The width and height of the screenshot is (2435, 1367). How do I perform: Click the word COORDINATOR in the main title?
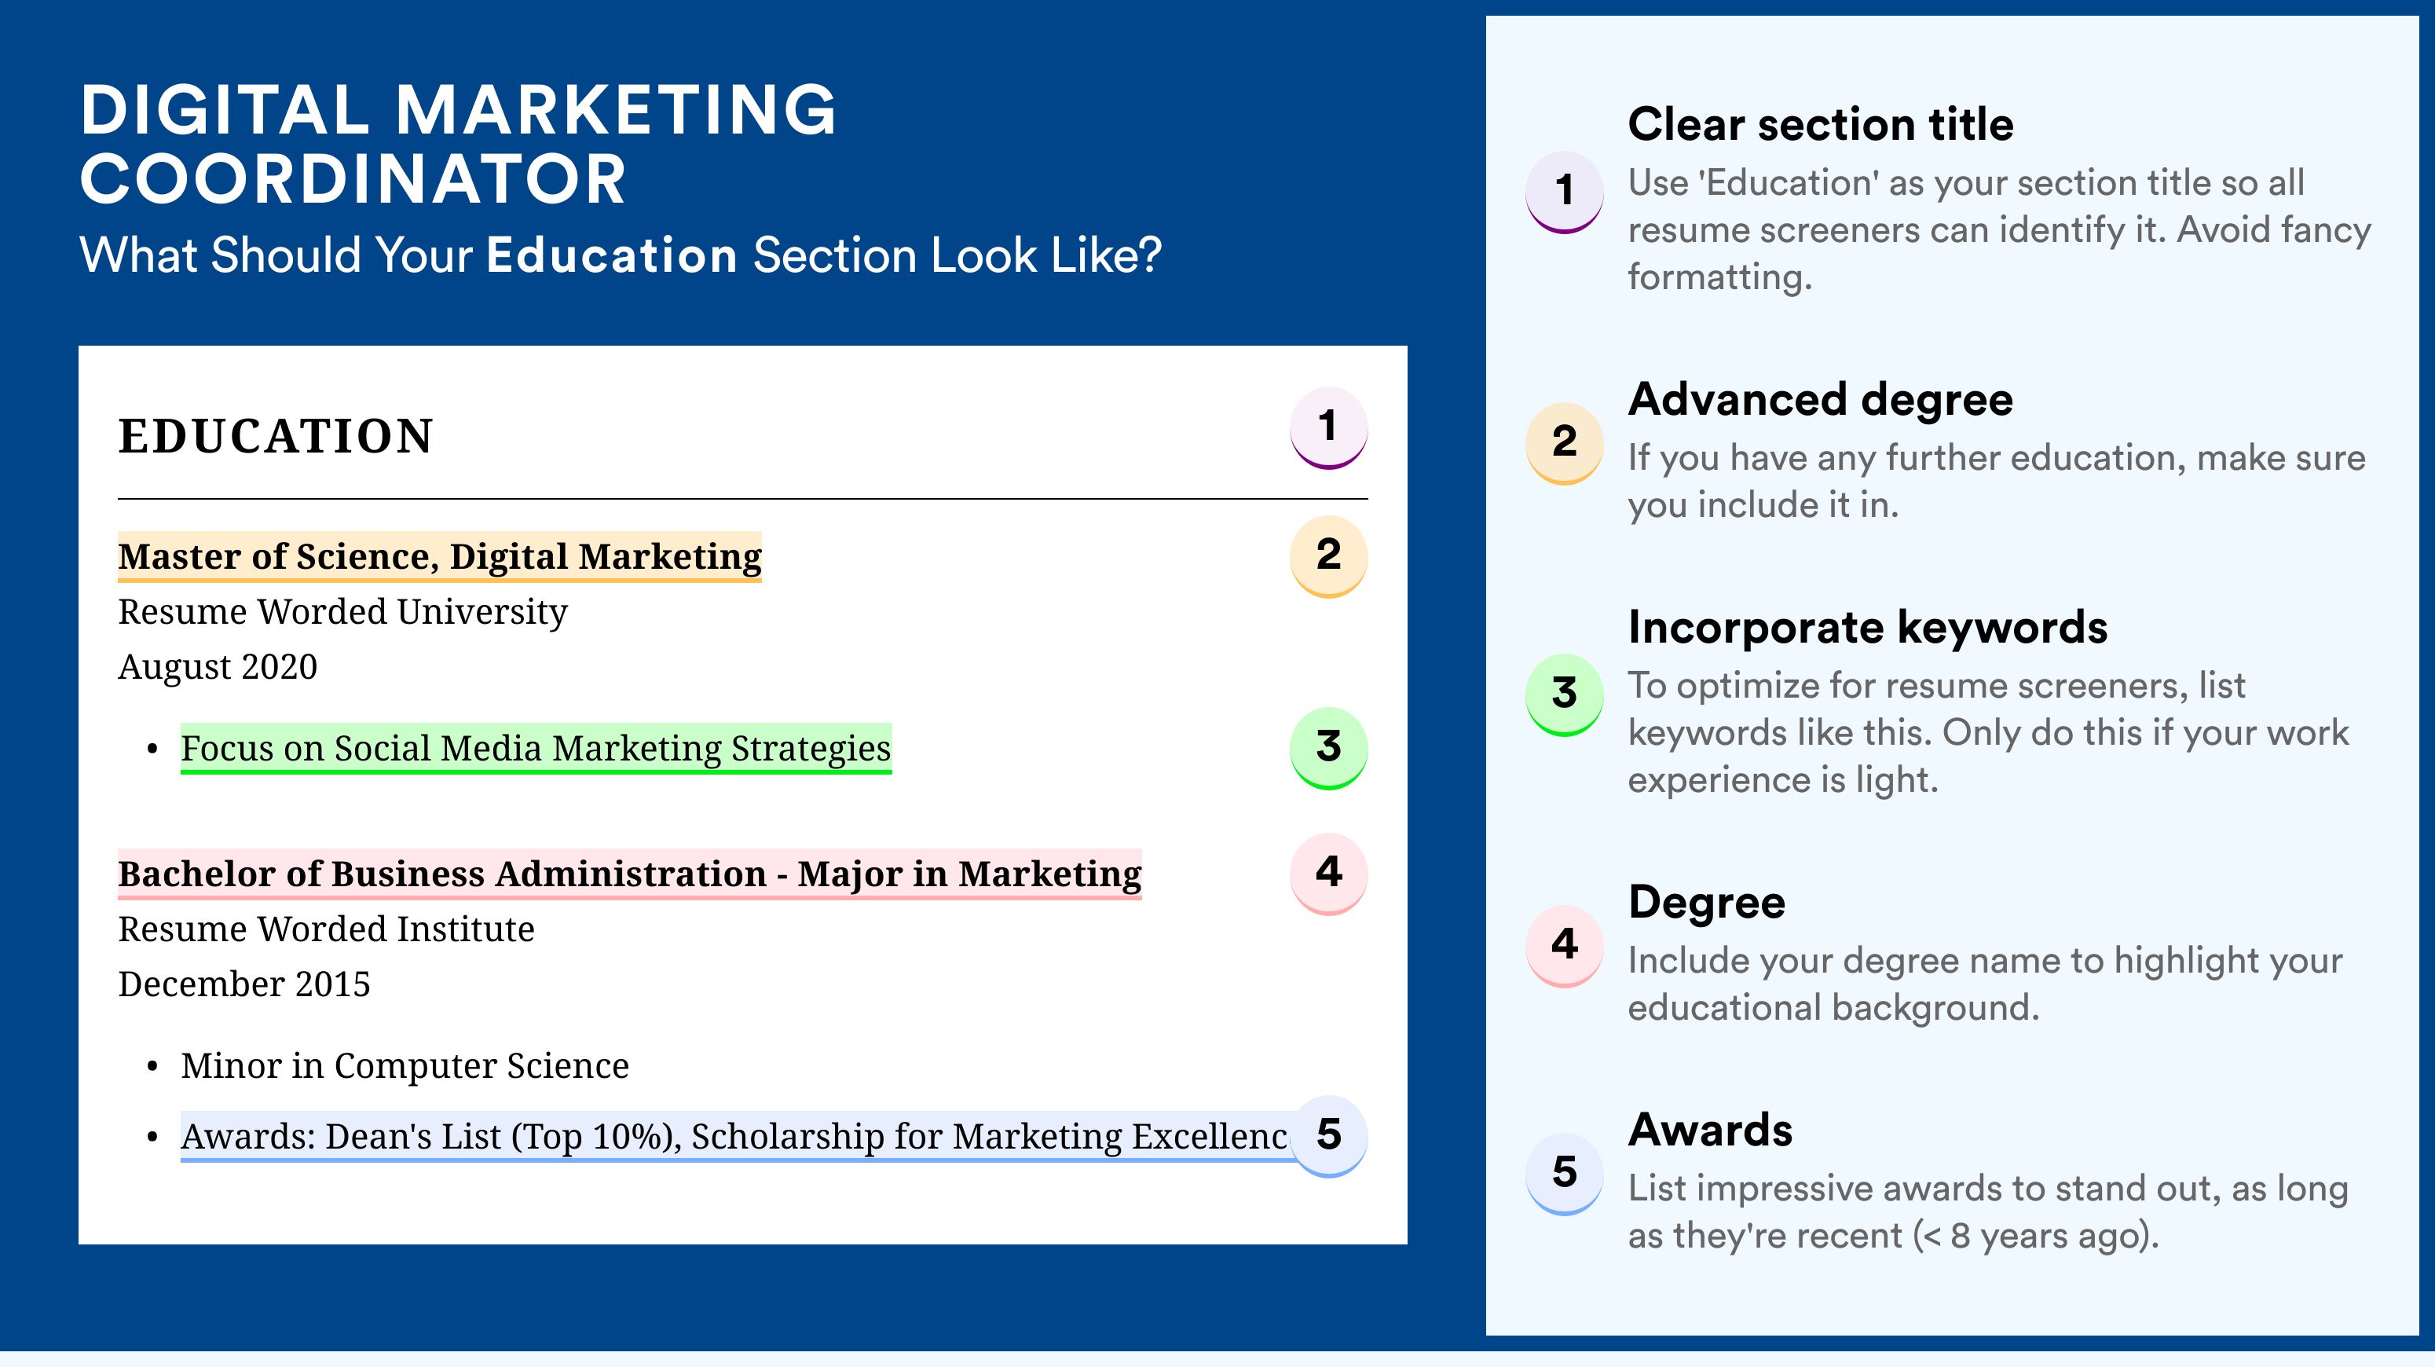(353, 180)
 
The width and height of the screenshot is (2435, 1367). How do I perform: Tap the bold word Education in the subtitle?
(612, 255)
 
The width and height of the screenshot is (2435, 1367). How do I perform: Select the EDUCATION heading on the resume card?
(275, 437)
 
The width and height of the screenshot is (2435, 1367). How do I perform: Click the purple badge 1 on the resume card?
(1328, 428)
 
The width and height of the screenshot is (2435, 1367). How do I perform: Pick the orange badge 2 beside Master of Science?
(1328, 557)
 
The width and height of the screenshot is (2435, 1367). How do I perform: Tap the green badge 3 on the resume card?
(1328, 749)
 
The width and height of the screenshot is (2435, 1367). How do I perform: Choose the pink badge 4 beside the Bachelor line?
(1328, 874)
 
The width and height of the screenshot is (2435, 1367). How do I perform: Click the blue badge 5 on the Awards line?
(1328, 1136)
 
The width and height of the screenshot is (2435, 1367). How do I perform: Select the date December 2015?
(243, 984)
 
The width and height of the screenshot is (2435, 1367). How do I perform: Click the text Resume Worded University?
(342, 613)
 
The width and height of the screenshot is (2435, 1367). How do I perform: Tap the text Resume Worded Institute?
(326, 929)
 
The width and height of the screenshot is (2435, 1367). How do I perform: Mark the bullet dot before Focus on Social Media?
(152, 749)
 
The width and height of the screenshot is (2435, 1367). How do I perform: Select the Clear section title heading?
(1821, 124)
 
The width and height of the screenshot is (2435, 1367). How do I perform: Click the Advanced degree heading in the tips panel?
(1821, 400)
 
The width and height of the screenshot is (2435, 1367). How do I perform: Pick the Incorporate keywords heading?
(1868, 628)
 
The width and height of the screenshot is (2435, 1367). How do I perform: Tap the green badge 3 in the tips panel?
(1565, 694)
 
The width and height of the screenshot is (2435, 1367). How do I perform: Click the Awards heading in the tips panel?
(1710, 1130)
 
